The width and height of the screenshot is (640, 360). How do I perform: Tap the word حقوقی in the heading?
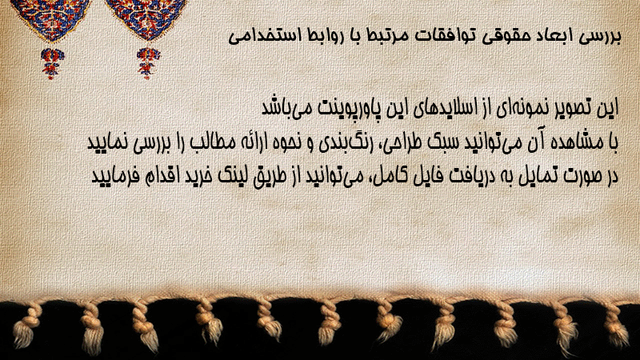503,37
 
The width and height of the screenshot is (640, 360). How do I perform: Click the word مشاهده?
574,142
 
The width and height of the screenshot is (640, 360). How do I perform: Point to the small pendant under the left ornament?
52,63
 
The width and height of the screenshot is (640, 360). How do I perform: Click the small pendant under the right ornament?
148,62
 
